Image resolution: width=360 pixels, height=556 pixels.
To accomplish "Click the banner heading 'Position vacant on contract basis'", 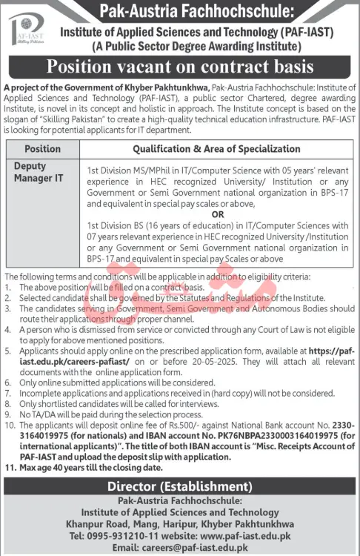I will (x=180, y=68).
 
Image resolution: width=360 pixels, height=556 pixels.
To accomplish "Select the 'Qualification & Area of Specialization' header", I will (x=216, y=149).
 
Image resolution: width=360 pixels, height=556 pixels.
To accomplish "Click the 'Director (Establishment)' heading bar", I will (x=180, y=486).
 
